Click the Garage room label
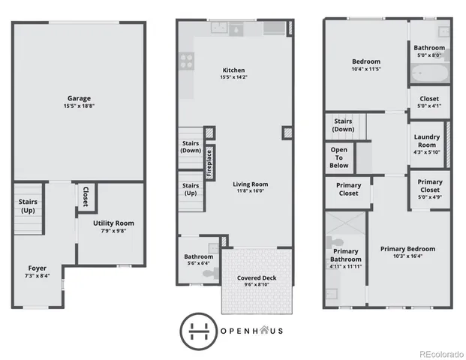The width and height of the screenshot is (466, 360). (79, 98)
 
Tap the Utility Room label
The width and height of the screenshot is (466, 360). (113, 223)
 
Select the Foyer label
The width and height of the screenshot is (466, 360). (38, 268)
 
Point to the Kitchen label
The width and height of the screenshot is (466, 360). (234, 70)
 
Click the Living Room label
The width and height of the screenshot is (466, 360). (250, 184)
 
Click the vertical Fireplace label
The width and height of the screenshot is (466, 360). (209, 163)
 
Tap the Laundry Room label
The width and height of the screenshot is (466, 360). (426, 140)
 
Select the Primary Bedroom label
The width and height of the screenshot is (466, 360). (407, 249)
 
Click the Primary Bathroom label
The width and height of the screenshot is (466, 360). (345, 255)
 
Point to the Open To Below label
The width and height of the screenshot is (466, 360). (338, 157)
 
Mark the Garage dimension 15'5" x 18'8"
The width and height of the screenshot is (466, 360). (79, 106)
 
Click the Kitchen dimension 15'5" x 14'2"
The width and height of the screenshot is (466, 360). (234, 78)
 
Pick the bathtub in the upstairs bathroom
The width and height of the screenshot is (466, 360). (427, 74)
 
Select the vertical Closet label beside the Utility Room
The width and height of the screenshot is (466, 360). (85, 196)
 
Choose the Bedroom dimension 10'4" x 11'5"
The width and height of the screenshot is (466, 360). (366, 70)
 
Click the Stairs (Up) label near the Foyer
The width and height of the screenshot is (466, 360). (27, 205)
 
